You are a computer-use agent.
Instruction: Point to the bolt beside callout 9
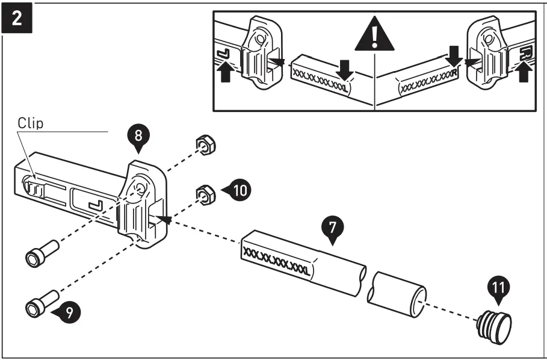point(40,302)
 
